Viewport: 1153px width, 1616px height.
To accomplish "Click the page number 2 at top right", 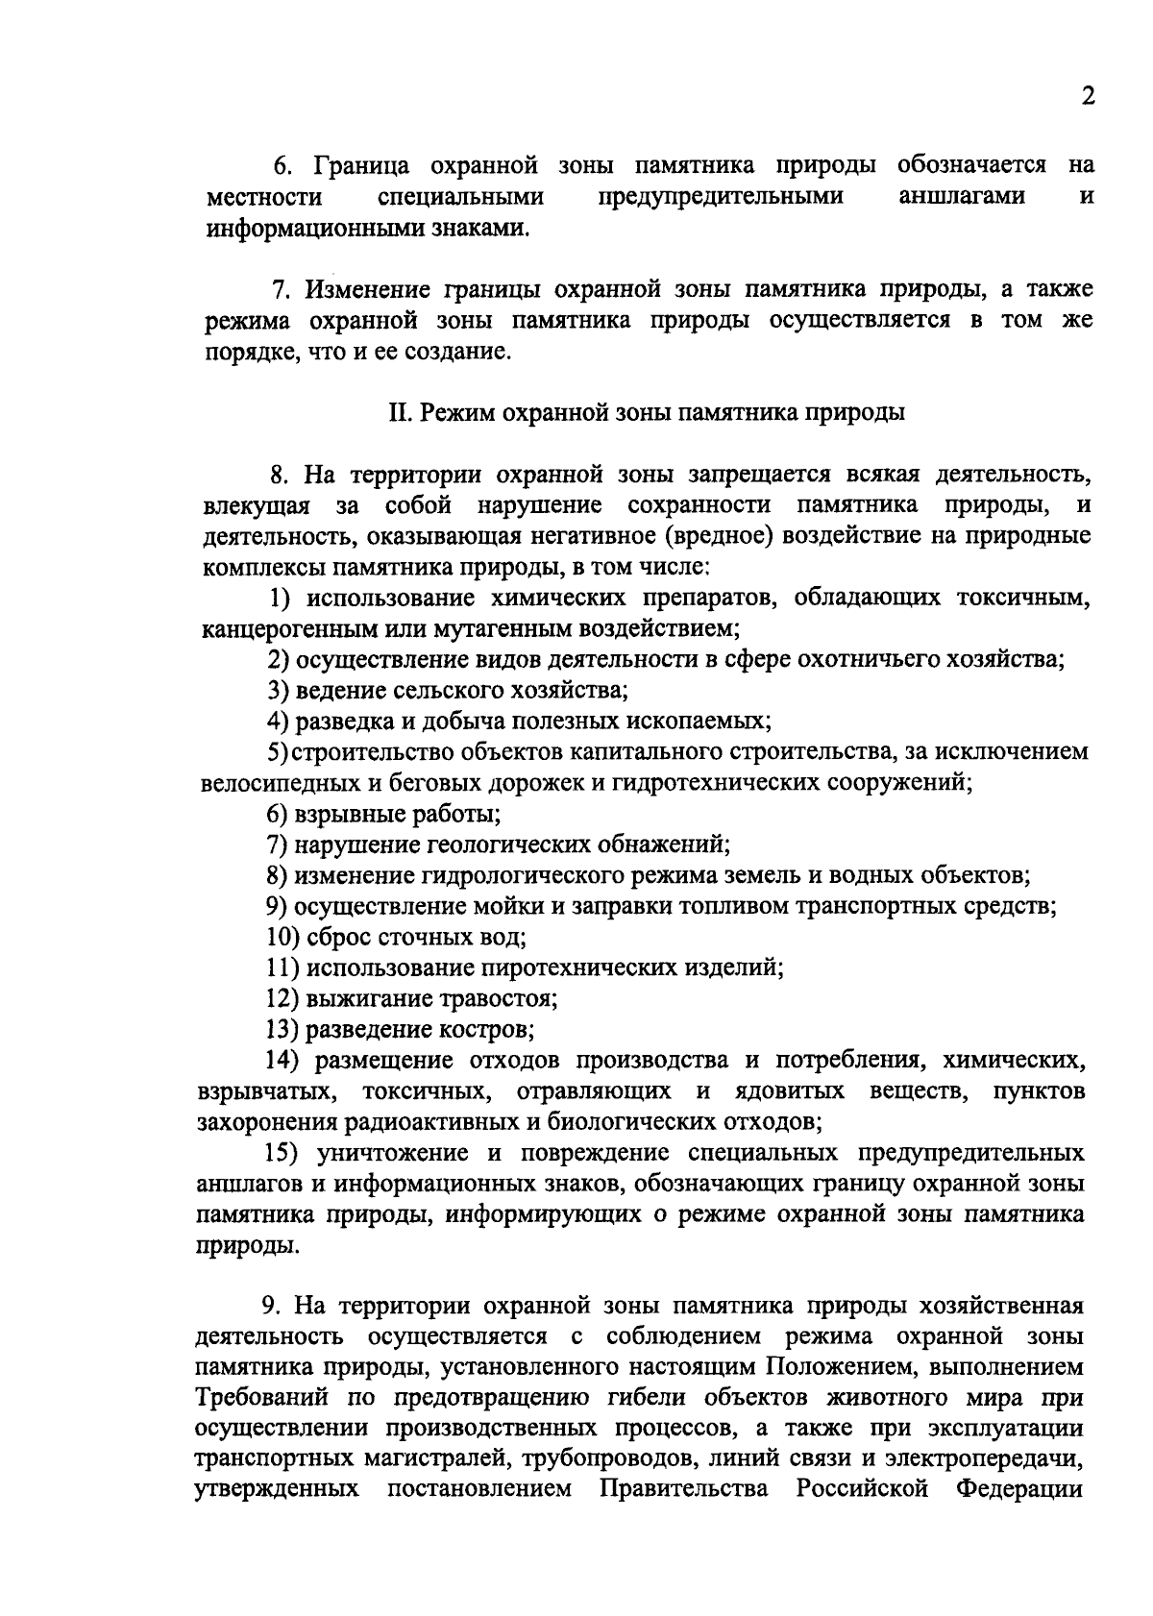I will [1088, 97].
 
